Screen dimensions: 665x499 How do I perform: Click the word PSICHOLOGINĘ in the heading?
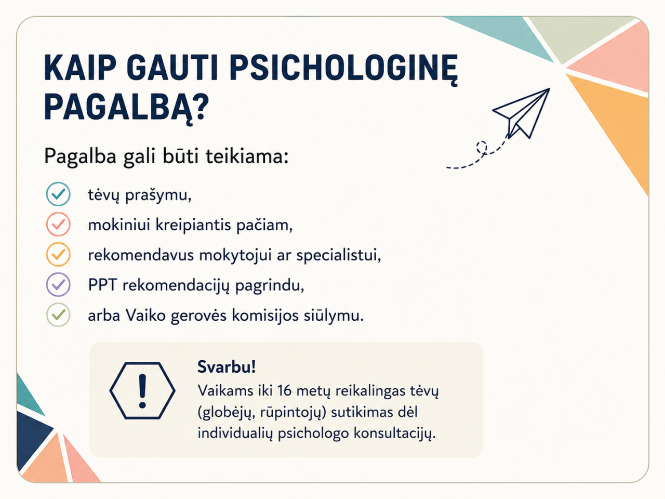(x=343, y=69)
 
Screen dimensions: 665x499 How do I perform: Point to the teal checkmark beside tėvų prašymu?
(x=58, y=194)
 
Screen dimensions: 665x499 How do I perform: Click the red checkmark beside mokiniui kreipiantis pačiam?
(x=58, y=224)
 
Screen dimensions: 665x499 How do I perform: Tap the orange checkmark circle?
(x=58, y=255)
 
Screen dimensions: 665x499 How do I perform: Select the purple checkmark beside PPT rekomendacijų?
(x=58, y=284)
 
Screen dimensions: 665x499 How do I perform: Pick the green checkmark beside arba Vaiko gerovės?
(x=58, y=315)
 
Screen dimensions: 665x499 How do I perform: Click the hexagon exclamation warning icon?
(x=142, y=391)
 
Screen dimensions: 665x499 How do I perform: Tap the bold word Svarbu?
(x=227, y=367)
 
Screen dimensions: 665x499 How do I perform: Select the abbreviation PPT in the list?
(x=102, y=285)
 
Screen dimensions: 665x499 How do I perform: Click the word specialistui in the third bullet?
(x=338, y=255)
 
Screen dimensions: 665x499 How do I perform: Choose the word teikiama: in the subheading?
(x=247, y=157)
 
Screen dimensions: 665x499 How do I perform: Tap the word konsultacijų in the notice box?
(x=394, y=434)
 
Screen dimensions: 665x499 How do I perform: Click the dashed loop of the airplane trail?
(x=482, y=148)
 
